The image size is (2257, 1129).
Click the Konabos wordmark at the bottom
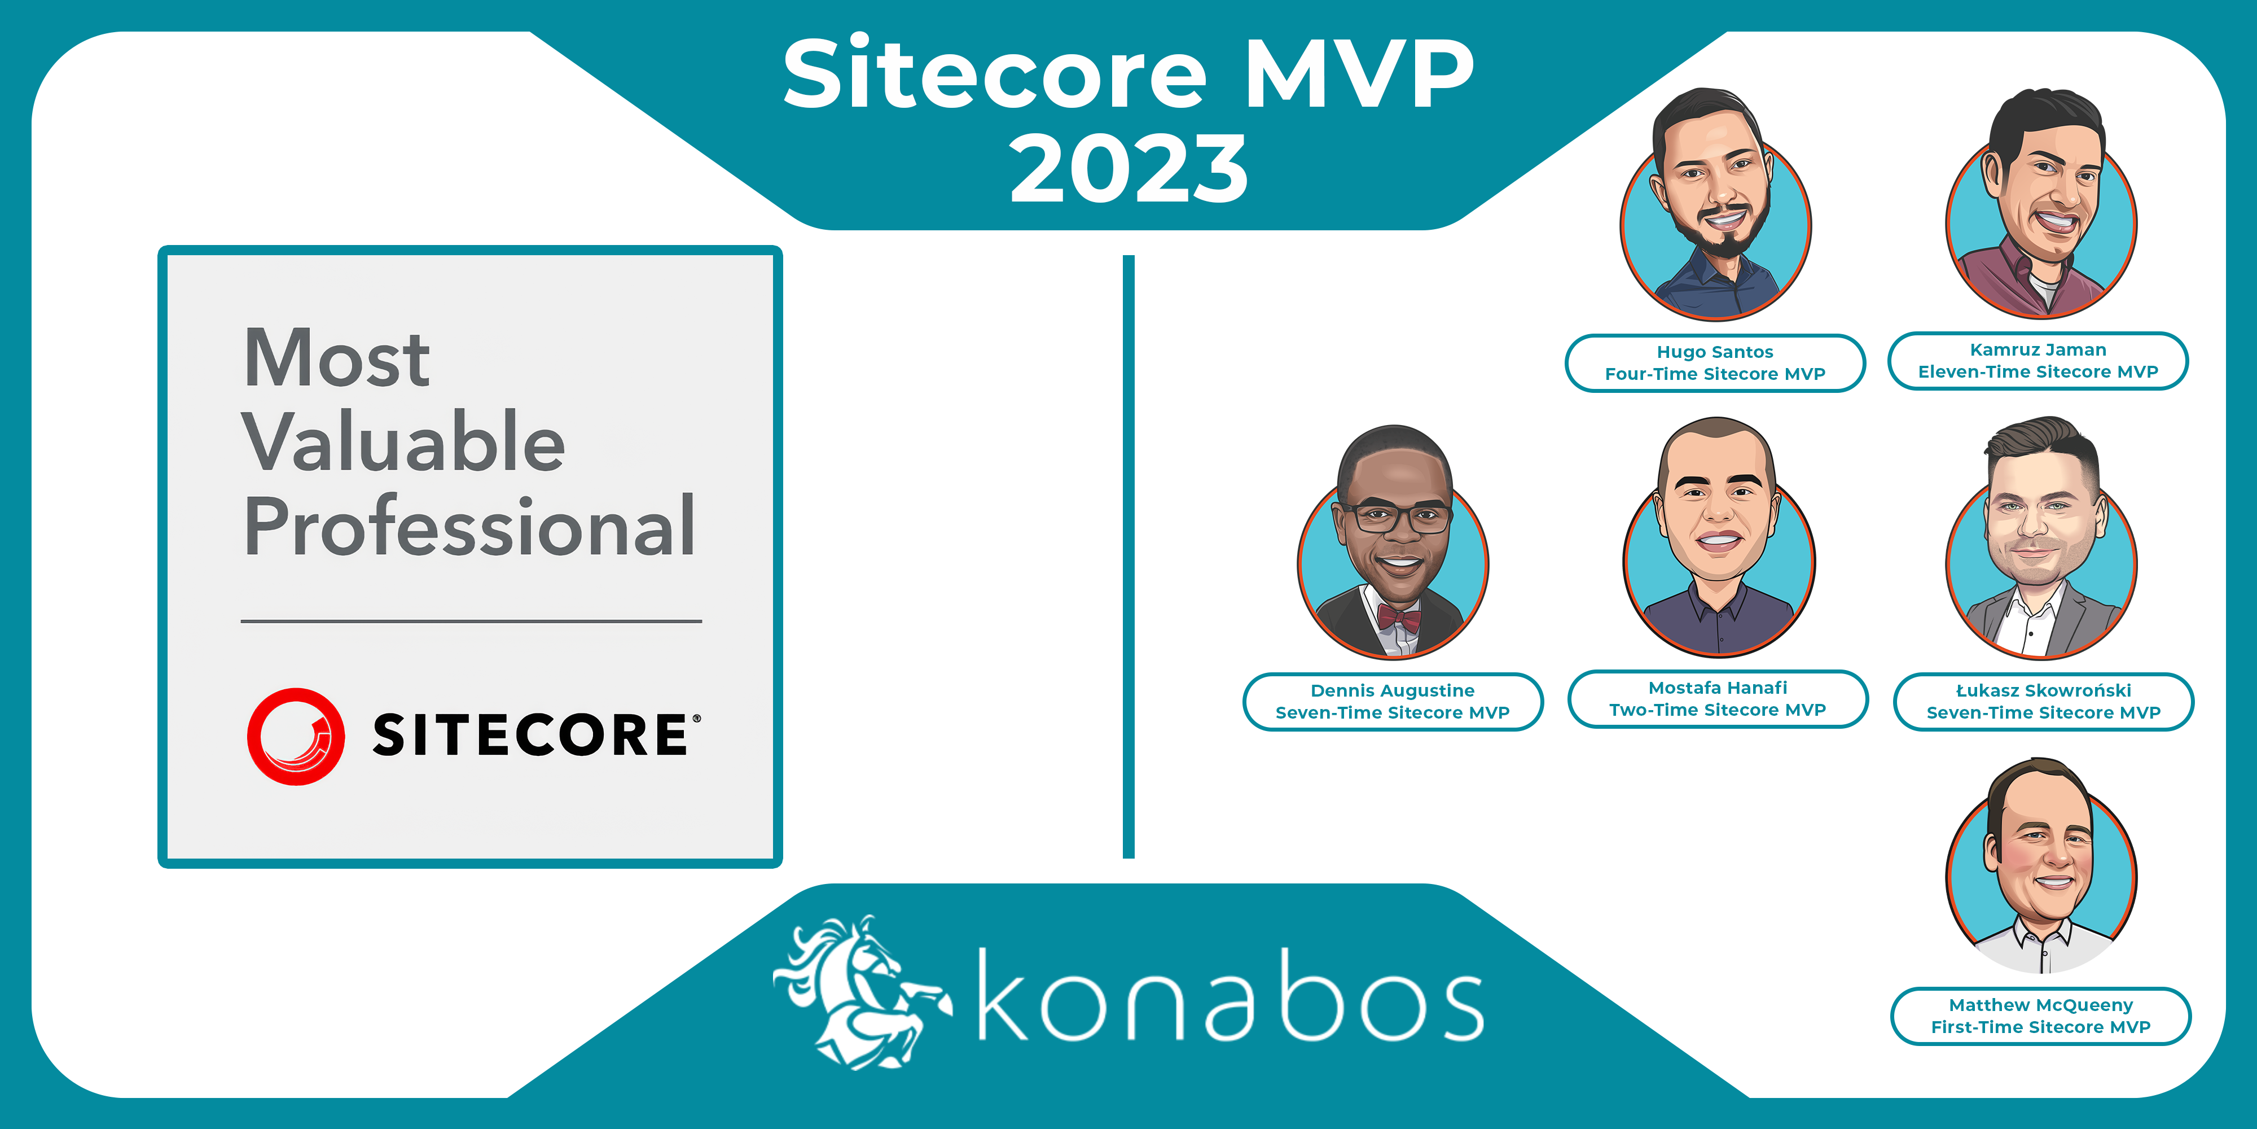pos(1230,994)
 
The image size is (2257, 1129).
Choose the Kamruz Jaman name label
pos(2038,360)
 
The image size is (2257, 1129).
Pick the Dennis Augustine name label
pos(1392,701)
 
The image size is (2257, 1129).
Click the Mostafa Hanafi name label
pos(1717,699)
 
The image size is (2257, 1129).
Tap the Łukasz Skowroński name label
pos(2043,701)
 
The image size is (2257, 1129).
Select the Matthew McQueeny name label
pos(2040,1016)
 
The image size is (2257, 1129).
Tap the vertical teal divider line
pos(1128,557)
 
